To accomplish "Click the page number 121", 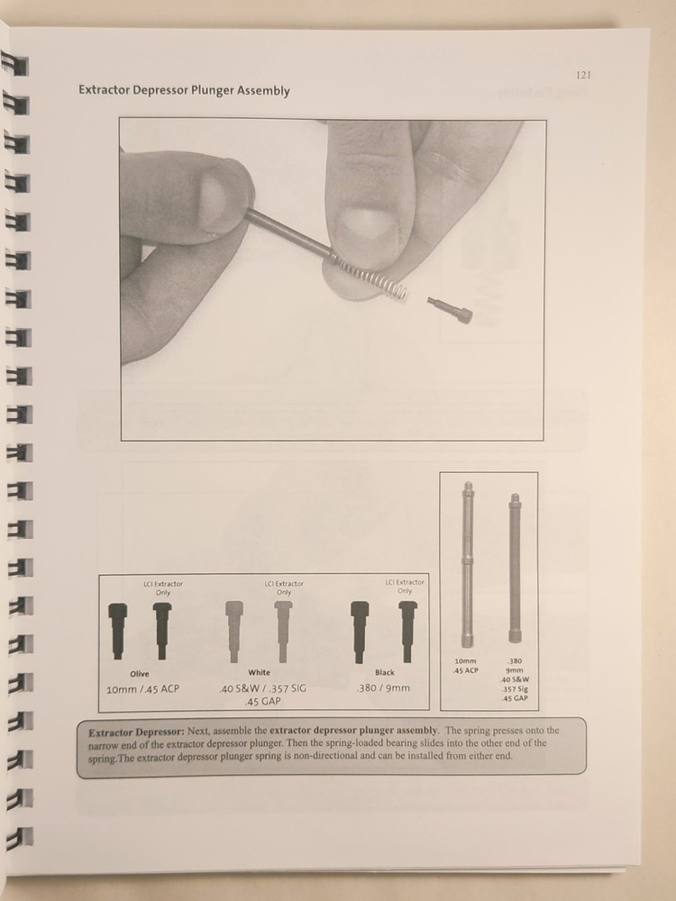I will (582, 76).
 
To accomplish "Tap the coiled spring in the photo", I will (371, 277).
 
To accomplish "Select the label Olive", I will (139, 673).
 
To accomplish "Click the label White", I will (259, 673).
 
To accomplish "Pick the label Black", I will (384, 673).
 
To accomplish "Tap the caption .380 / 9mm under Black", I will (384, 688).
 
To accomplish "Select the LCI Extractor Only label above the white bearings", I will (284, 588).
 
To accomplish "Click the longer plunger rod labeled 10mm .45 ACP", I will (468, 564).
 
